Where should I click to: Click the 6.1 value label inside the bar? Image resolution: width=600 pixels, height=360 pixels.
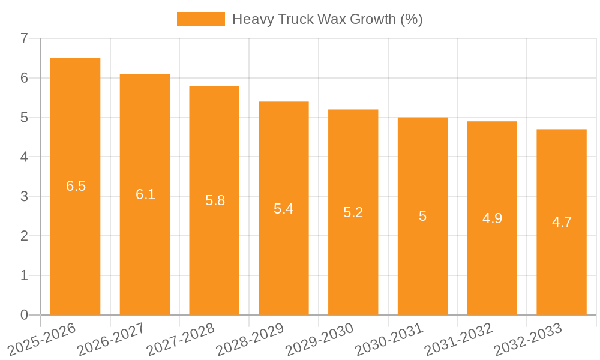(x=145, y=194)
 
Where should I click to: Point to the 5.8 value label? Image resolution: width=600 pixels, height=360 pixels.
(x=215, y=200)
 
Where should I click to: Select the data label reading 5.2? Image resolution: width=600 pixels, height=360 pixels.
(x=353, y=212)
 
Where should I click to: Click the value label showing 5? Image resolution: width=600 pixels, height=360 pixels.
(x=423, y=216)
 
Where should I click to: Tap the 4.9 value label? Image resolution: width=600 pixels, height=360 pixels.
(x=492, y=218)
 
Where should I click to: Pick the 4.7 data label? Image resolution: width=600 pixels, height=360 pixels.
(x=562, y=222)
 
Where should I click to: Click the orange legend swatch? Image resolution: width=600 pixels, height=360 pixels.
(x=200, y=19)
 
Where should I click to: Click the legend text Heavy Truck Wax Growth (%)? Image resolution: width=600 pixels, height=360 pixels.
(x=327, y=19)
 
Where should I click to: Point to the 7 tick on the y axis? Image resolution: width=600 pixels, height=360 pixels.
(x=24, y=38)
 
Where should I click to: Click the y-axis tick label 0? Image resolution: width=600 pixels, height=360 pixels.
(x=24, y=315)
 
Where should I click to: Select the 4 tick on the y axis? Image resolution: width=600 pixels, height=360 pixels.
(x=24, y=157)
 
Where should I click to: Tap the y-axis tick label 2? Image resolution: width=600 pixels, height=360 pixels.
(x=24, y=236)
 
